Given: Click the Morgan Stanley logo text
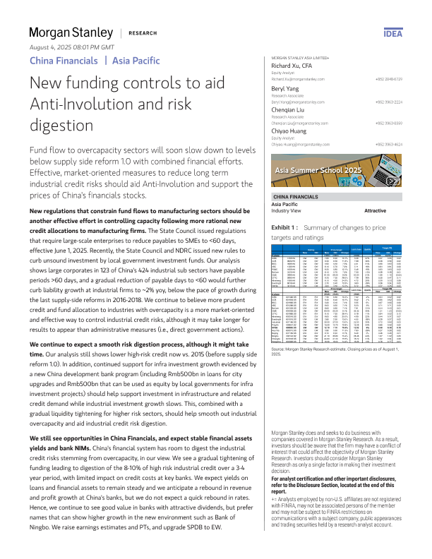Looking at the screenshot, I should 71,32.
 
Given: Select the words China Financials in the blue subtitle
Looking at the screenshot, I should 63,60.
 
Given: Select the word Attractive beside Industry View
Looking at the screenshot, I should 374,211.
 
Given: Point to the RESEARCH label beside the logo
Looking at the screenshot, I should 143,33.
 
